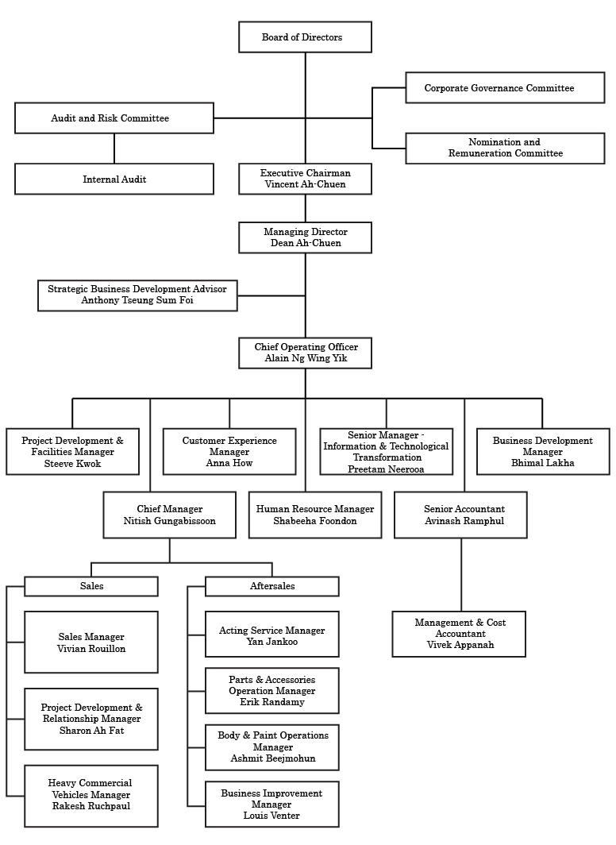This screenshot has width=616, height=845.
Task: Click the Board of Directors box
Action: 305,37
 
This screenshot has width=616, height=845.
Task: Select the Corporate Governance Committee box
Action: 504,87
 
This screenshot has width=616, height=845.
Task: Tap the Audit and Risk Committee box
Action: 114,118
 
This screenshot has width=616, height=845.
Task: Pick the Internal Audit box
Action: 114,179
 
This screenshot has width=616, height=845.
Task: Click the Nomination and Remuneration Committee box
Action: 504,148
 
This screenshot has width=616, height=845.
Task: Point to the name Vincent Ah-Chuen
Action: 305,184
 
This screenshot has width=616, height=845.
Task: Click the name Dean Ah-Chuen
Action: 305,243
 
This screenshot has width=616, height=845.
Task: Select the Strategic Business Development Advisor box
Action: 137,295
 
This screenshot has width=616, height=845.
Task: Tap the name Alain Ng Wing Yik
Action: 305,359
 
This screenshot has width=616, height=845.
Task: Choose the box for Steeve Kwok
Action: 72,452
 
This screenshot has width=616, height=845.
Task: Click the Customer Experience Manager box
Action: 229,451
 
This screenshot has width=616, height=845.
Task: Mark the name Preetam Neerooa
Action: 386,469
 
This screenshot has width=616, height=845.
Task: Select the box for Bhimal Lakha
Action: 542,452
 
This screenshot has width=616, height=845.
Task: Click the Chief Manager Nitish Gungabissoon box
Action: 169,515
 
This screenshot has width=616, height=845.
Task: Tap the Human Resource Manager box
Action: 314,515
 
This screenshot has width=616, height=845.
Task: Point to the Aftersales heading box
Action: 271,586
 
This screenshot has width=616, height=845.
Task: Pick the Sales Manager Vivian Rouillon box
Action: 90,642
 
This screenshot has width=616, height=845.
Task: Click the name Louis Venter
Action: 271,816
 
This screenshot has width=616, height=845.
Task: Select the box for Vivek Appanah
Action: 458,634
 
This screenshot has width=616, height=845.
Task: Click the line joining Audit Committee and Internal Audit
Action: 114,149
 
